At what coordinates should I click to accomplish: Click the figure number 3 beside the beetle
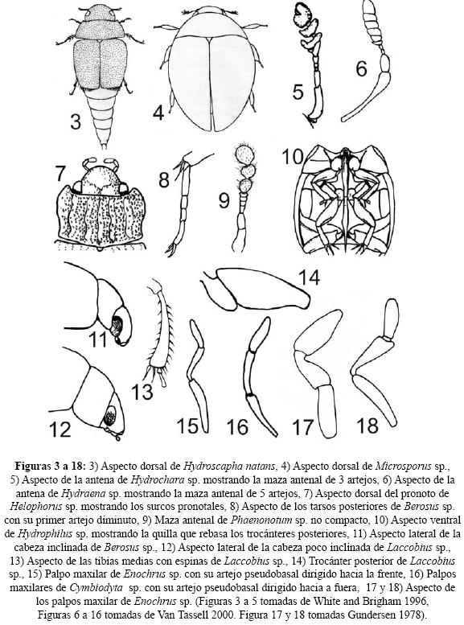[x=76, y=121]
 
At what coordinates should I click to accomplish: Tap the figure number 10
[x=293, y=157]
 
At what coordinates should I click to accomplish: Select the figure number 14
[x=309, y=277]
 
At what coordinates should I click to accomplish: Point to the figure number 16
[x=237, y=427]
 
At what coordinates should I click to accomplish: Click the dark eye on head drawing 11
[x=117, y=326]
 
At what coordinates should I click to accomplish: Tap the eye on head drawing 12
[x=109, y=415]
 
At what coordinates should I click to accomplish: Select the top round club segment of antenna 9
[x=244, y=154]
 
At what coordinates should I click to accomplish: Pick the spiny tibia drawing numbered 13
[x=159, y=333]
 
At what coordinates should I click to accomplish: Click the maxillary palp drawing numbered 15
[x=198, y=376]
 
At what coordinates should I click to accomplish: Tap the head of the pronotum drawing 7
[x=101, y=180]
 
